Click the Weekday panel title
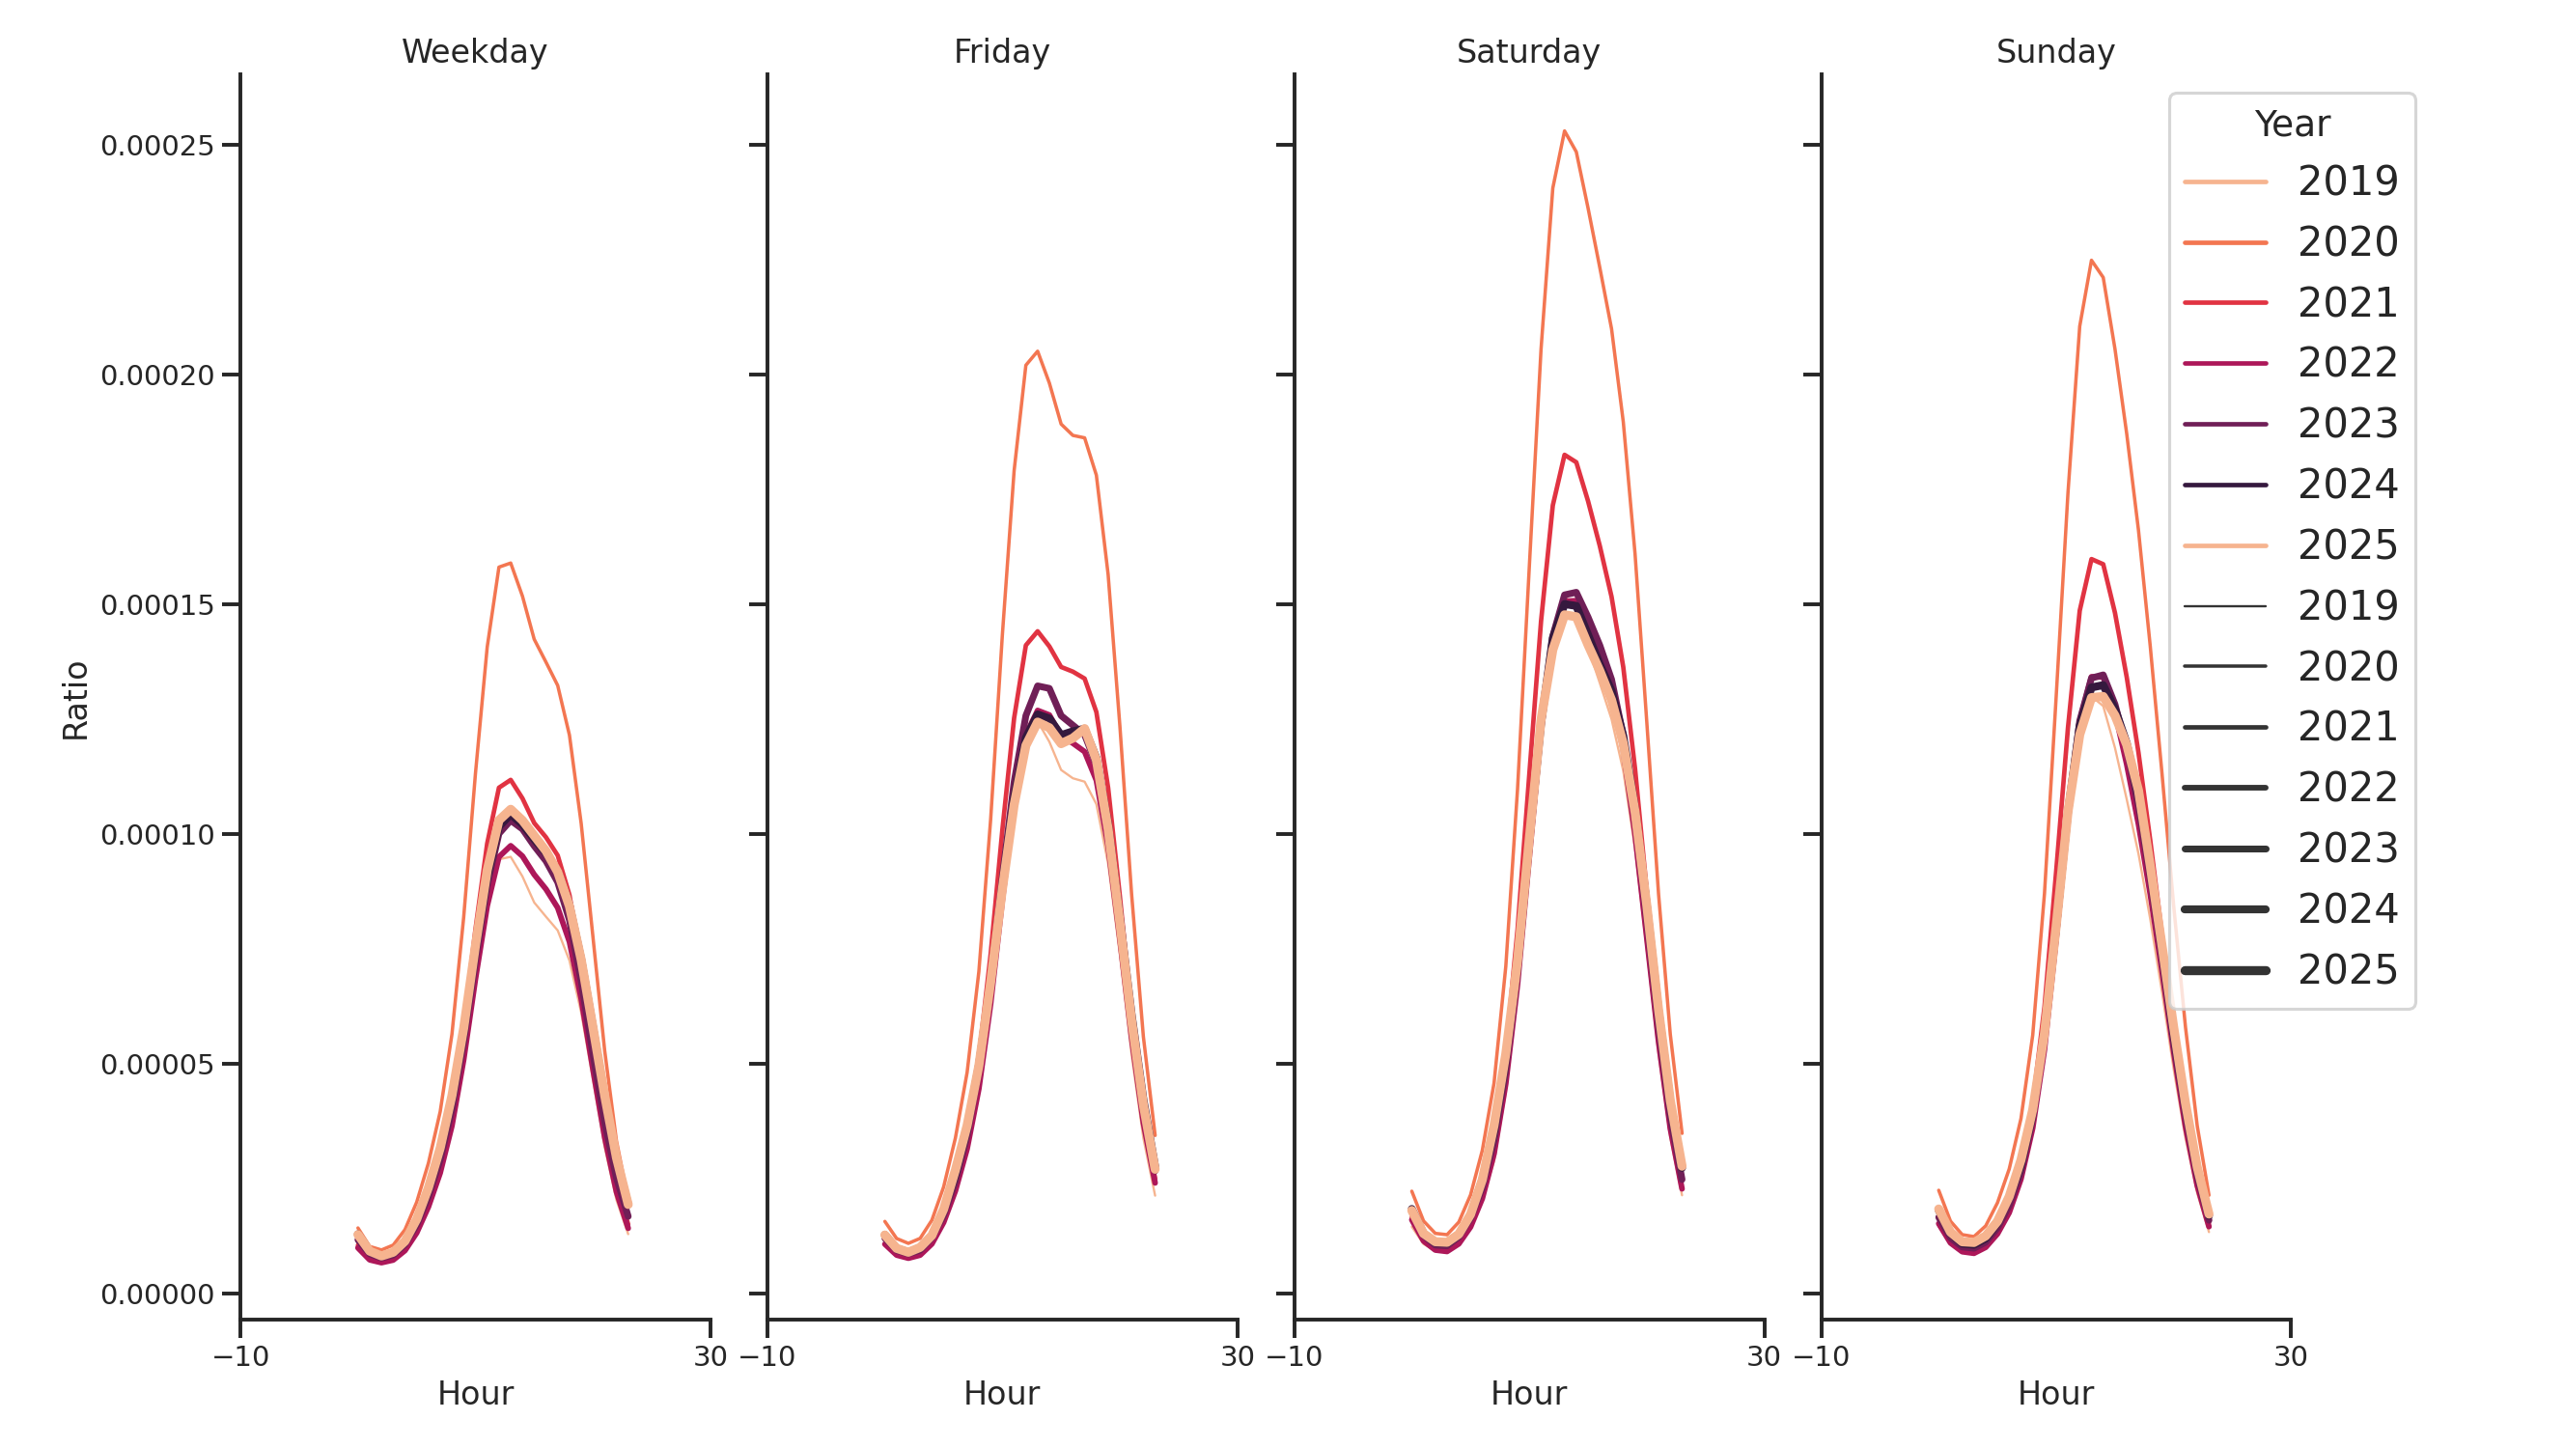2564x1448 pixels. pos(474,52)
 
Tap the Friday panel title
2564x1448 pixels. pos(1001,52)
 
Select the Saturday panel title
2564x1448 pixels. pos(1528,52)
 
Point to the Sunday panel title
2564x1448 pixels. pos(2055,52)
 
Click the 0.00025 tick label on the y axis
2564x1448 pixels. pos(157,147)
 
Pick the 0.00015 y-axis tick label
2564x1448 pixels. pos(157,606)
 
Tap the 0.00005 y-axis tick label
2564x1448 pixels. pos(157,1066)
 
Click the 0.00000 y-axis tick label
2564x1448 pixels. pos(157,1295)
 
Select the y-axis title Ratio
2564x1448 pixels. pos(75,701)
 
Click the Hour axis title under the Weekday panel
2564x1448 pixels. pos(475,1394)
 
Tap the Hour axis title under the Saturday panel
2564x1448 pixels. pos(1528,1394)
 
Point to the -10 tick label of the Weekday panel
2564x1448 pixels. pos(241,1357)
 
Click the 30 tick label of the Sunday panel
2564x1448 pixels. pos(2290,1357)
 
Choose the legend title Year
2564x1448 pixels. pos(2291,125)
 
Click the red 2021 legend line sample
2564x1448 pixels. pos(2224,302)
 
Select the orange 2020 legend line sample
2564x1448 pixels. pos(2224,242)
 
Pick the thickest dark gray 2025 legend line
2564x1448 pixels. pos(2224,970)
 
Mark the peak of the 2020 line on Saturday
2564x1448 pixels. pos(1565,130)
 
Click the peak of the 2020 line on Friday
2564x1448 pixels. pos(1037,351)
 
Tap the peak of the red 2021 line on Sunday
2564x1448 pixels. pos(2091,559)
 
